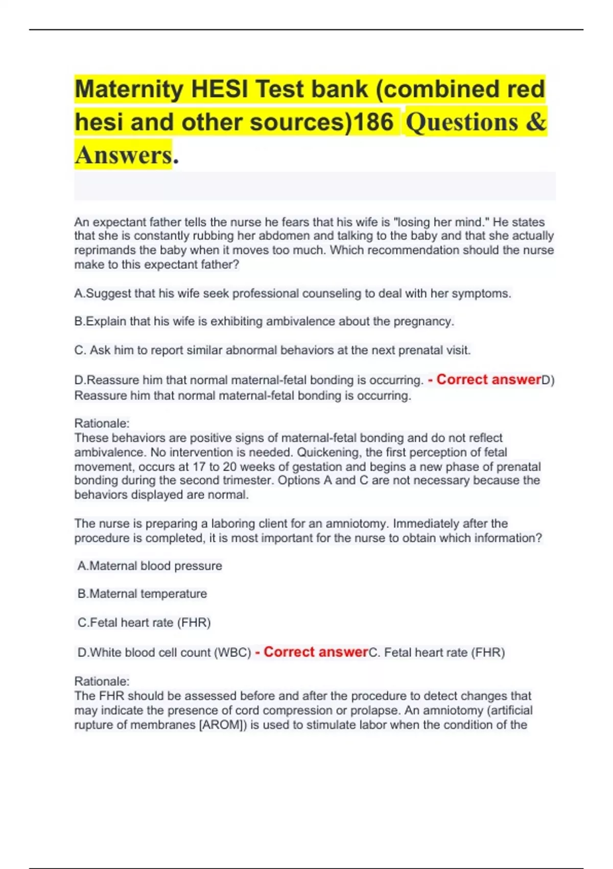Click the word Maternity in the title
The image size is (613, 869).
click(129, 89)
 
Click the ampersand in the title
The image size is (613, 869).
click(536, 123)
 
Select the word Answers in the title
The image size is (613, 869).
click(123, 155)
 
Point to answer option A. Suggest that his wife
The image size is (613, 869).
click(292, 293)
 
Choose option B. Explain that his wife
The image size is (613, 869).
click(264, 322)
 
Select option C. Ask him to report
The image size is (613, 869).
click(272, 350)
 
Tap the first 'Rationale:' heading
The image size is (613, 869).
click(102, 423)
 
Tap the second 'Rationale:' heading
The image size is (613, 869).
click(102, 681)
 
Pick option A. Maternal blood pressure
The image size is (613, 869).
click(150, 566)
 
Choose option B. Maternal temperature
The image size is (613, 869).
click(142, 594)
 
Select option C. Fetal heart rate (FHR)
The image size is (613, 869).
click(144, 623)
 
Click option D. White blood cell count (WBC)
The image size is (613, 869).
click(164, 652)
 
